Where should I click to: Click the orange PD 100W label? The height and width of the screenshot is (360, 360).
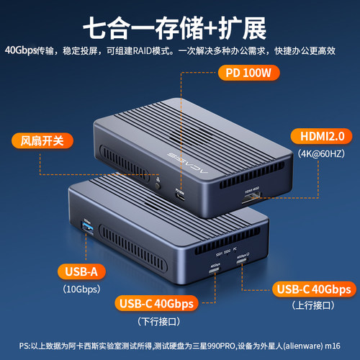248,72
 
